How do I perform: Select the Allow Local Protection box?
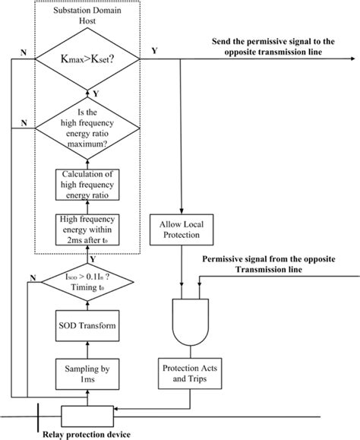(x=182, y=229)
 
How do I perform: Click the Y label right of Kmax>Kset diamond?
(x=156, y=51)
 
